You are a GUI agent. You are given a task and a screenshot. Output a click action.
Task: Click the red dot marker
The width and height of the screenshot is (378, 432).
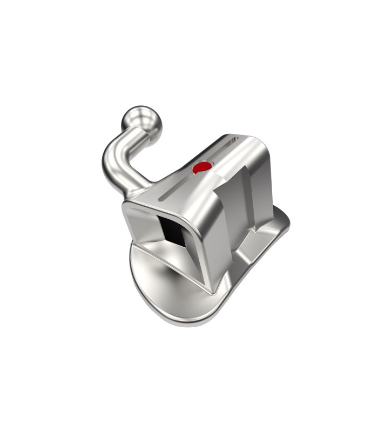(201, 168)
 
